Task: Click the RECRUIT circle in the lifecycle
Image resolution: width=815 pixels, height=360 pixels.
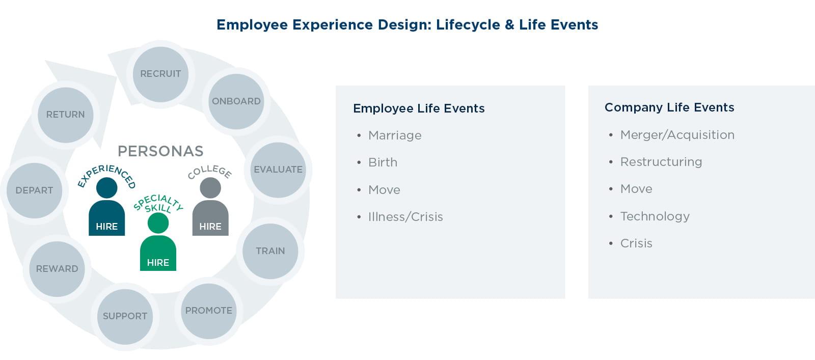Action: point(160,74)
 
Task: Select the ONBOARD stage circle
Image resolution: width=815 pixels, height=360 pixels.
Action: point(236,101)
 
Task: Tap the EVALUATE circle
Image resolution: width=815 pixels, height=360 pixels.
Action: point(278,170)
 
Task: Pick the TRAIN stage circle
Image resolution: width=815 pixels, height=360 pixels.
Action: point(270,251)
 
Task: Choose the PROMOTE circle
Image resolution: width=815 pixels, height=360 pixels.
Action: point(208,311)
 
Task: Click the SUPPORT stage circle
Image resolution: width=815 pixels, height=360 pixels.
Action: point(125,317)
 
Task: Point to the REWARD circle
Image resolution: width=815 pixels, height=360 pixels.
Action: point(57,269)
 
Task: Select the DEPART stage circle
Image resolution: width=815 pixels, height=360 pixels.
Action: point(34,190)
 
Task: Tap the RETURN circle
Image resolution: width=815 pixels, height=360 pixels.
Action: point(66,115)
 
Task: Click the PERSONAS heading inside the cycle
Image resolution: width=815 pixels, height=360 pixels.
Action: point(160,151)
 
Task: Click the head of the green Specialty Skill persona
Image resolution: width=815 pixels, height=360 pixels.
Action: point(158,223)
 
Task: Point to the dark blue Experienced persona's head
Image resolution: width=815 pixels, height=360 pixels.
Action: point(106,187)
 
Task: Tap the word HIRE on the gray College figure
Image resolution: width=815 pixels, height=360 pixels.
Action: point(210,227)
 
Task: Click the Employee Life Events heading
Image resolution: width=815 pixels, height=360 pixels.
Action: point(419,108)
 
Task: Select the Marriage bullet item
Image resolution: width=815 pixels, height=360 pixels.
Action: point(395,135)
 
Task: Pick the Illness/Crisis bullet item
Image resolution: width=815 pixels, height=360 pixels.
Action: point(405,217)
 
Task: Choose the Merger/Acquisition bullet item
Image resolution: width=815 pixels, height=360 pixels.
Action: point(677,135)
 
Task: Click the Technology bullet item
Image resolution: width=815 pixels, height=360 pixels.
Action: point(655,217)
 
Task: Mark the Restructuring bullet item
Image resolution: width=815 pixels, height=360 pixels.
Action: point(661,162)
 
